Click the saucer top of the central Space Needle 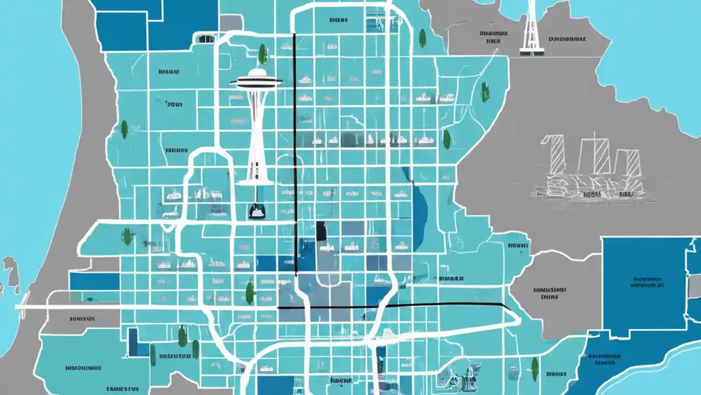(256, 82)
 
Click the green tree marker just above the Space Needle (263, 54)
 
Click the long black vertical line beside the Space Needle (295, 154)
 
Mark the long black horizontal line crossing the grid (392, 305)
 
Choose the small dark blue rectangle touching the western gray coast (94, 281)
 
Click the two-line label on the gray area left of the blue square (549, 292)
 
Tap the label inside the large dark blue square (647, 281)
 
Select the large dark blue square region (647, 285)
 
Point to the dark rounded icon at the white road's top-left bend (206, 39)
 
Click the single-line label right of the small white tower (567, 39)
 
